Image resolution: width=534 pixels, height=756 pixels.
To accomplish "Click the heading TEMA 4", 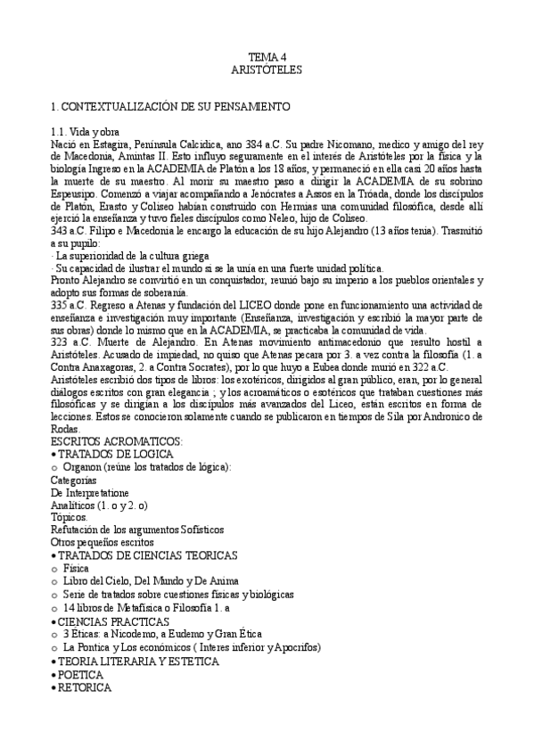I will [267, 55].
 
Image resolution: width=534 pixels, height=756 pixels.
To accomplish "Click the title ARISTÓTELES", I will [267, 68].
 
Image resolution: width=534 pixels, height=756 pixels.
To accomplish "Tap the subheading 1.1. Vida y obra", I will [84, 131].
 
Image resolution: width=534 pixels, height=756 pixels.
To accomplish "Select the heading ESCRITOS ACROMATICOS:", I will [117, 440].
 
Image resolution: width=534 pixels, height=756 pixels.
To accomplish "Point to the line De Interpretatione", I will [90, 492].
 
